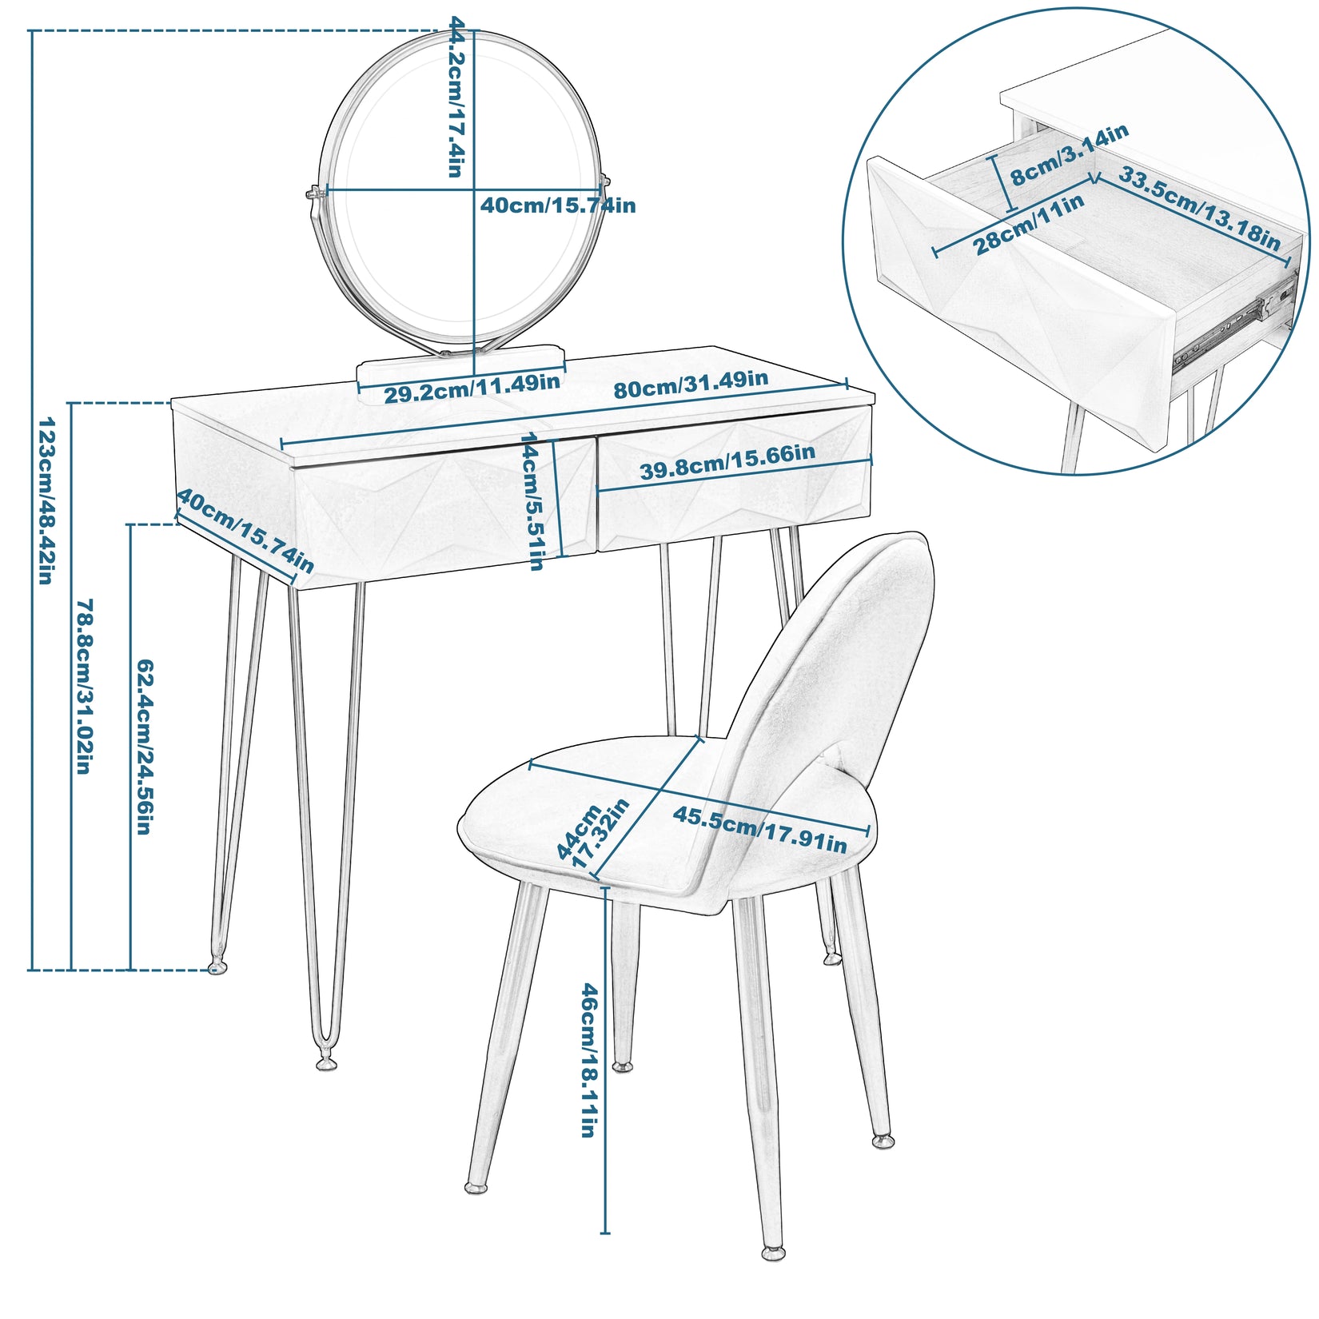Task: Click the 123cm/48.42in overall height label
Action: pyautogui.click(x=46, y=500)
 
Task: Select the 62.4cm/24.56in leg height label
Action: pyautogui.click(x=144, y=747)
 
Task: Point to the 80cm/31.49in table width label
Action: pyautogui.click(x=691, y=385)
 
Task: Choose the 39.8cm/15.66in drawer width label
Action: pyautogui.click(x=727, y=462)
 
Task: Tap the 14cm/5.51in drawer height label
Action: pyautogui.click(x=533, y=500)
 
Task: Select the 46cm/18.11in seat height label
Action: pyautogui.click(x=589, y=1060)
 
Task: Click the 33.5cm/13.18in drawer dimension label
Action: pyautogui.click(x=1199, y=208)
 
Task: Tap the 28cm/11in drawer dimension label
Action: pyautogui.click(x=1029, y=225)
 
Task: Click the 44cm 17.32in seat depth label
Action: pyautogui.click(x=592, y=836)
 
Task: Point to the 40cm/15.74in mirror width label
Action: pyautogui.click(x=558, y=205)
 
